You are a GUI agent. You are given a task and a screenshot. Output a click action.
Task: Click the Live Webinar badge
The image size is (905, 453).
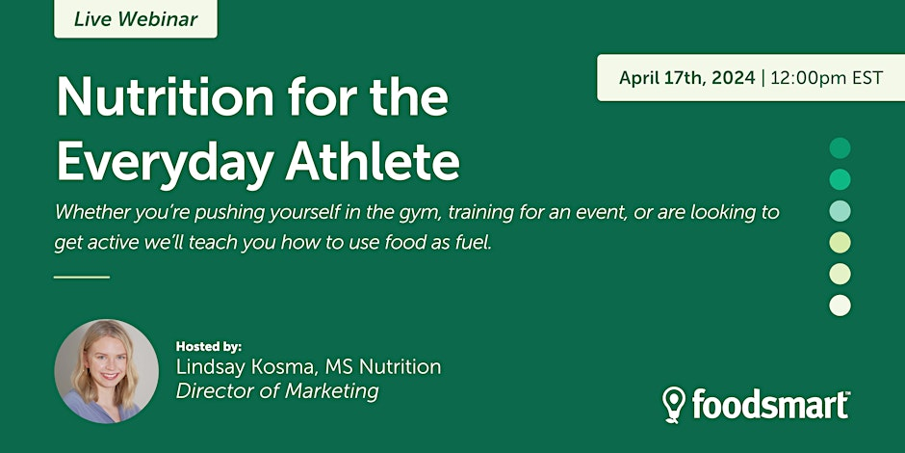(x=136, y=18)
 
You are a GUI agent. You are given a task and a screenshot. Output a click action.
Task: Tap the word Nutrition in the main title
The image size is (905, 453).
(x=165, y=97)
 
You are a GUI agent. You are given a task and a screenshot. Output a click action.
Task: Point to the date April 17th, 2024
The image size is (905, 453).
(x=686, y=77)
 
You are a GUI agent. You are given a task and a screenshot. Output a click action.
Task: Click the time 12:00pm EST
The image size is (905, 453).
(x=826, y=77)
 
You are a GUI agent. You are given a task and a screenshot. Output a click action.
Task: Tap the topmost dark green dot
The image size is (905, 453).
(x=840, y=147)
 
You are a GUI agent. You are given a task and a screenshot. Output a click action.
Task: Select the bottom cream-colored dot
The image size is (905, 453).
(x=840, y=306)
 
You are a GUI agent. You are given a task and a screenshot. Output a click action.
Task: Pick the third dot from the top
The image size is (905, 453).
(x=840, y=211)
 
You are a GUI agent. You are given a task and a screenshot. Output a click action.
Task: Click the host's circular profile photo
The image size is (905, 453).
(x=106, y=371)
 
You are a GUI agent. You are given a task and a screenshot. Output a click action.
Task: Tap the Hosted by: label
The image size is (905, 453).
(x=208, y=347)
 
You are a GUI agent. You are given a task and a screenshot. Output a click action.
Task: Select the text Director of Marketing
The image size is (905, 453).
(x=277, y=391)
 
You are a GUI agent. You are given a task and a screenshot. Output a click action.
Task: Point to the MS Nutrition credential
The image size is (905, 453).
(x=382, y=367)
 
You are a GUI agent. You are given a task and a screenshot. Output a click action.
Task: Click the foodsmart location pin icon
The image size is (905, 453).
(x=674, y=405)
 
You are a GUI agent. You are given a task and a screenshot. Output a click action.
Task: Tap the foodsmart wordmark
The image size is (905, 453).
(x=770, y=403)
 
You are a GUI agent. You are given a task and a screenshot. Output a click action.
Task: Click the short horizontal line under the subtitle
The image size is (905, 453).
(x=82, y=278)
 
